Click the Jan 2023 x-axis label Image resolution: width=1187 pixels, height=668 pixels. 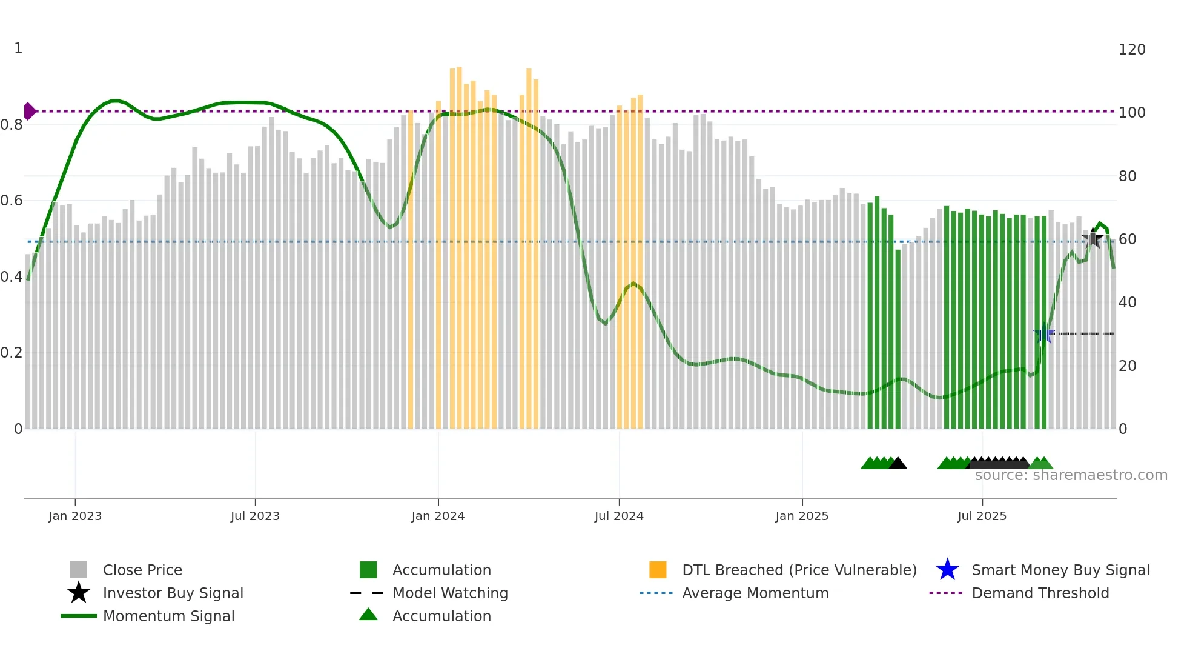pos(75,516)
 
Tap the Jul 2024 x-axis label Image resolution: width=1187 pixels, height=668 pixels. pos(619,516)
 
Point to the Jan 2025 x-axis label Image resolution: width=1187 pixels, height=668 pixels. pos(802,516)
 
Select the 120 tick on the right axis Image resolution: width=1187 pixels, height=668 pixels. pos(1131,50)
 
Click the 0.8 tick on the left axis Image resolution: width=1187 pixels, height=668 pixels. pos(12,125)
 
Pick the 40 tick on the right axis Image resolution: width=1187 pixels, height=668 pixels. pos(1127,302)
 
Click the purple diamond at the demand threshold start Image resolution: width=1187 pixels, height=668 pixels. pos(29,112)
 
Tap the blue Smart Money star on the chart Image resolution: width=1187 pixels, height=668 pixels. pos(1043,333)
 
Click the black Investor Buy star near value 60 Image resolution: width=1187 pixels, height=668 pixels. pos(1093,238)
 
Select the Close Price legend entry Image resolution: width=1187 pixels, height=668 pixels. pos(142,570)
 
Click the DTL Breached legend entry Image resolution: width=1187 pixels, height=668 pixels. pos(799,570)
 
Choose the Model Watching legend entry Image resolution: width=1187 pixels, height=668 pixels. pos(449,593)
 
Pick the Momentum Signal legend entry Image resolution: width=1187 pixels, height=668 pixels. pos(168,616)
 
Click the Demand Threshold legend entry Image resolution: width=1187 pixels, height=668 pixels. pos(1040,593)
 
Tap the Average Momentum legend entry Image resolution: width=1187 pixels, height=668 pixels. pos(755,593)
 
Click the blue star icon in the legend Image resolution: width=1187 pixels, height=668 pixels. pos(947,570)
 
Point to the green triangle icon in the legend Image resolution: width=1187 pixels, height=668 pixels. pos(368,615)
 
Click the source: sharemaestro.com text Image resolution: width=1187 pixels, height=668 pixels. pos(1071,475)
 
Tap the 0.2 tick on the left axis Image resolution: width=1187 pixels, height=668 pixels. pos(12,353)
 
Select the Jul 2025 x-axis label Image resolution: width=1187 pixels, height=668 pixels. pos(982,516)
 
